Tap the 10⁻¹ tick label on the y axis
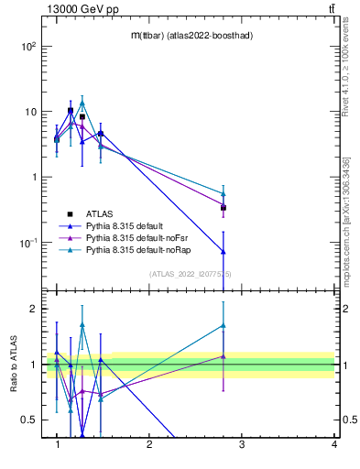tap(27, 243)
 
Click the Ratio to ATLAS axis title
tap(12, 364)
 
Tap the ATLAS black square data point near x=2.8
tap(224, 208)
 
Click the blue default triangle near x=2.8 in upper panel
tap(224, 251)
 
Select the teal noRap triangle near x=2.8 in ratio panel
tap(224, 325)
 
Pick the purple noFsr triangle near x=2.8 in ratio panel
tap(224, 355)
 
